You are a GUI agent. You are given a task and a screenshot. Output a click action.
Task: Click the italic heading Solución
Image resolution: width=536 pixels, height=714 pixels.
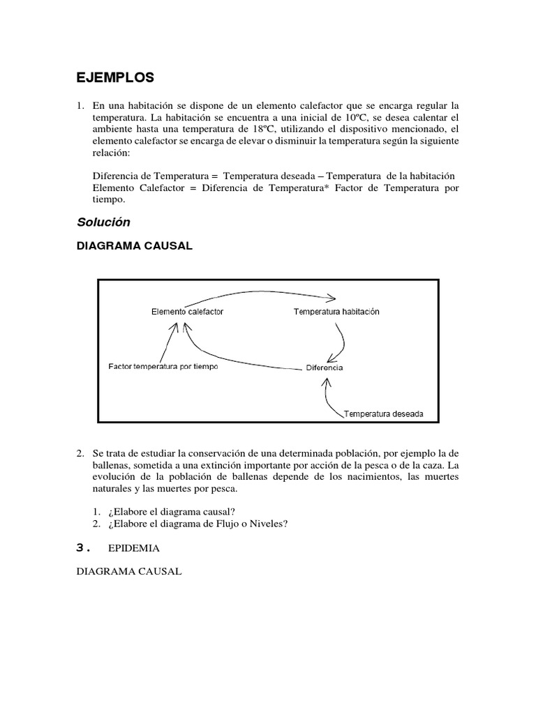(x=104, y=222)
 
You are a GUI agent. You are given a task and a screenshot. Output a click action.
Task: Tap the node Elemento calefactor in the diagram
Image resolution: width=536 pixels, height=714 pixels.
(x=187, y=312)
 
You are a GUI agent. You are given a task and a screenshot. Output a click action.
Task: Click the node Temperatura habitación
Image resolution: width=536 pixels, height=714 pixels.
(x=336, y=312)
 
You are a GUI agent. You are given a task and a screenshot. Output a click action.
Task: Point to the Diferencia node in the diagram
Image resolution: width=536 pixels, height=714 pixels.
(x=324, y=367)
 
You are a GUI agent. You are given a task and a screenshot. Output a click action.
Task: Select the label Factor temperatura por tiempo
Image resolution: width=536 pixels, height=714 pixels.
(x=163, y=367)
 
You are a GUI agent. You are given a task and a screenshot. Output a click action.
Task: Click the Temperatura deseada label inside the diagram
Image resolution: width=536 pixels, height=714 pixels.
(x=382, y=413)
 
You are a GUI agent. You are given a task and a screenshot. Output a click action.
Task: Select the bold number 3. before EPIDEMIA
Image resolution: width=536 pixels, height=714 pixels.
(x=84, y=548)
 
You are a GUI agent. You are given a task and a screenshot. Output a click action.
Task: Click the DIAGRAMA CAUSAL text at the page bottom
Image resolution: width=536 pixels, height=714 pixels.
(x=129, y=571)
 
